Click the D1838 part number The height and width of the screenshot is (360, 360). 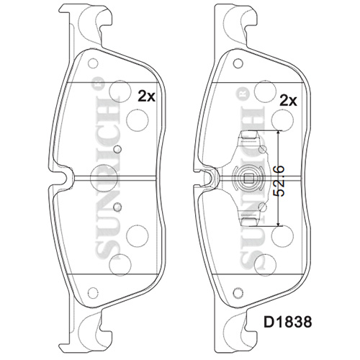tap(288, 322)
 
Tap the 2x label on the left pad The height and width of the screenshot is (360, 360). tap(146, 96)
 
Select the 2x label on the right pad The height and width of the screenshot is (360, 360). tap(288, 101)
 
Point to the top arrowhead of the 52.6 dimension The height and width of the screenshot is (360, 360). tap(278, 133)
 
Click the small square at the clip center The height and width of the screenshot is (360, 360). tap(248, 178)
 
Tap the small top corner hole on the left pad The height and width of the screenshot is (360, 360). tap(93, 63)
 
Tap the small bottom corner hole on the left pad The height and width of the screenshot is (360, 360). tap(93, 292)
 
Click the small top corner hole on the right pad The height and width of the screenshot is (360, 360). tap(238, 63)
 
